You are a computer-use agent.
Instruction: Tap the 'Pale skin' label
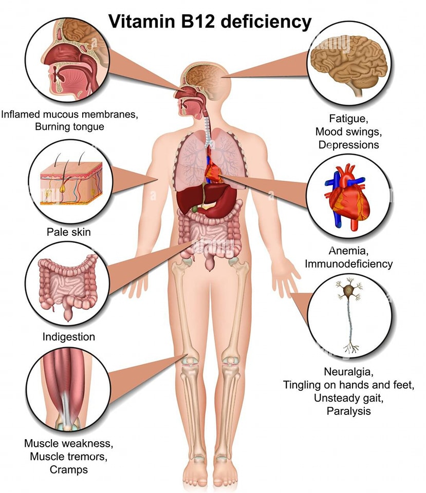click(x=68, y=232)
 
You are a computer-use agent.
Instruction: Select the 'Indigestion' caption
click(x=68, y=337)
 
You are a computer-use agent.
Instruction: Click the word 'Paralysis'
click(x=348, y=411)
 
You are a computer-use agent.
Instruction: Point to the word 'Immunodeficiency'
click(x=348, y=264)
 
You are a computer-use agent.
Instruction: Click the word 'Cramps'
click(x=68, y=470)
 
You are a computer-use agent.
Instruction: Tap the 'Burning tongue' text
click(x=69, y=127)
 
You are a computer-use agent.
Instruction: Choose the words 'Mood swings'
click(x=348, y=132)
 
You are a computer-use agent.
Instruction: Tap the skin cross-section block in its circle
click(x=71, y=182)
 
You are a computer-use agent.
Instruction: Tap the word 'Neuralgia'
click(x=348, y=372)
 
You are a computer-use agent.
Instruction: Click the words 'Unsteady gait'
click(x=348, y=398)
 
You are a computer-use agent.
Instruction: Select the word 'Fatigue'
click(x=348, y=119)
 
